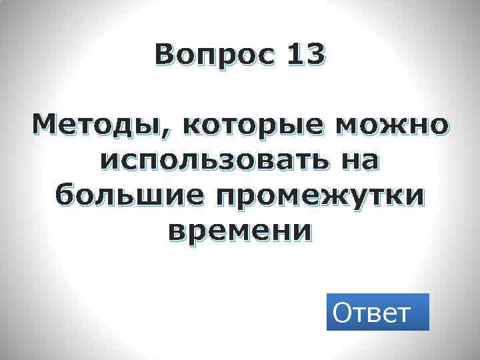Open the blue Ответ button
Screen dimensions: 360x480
pyautogui.click(x=377, y=312)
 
